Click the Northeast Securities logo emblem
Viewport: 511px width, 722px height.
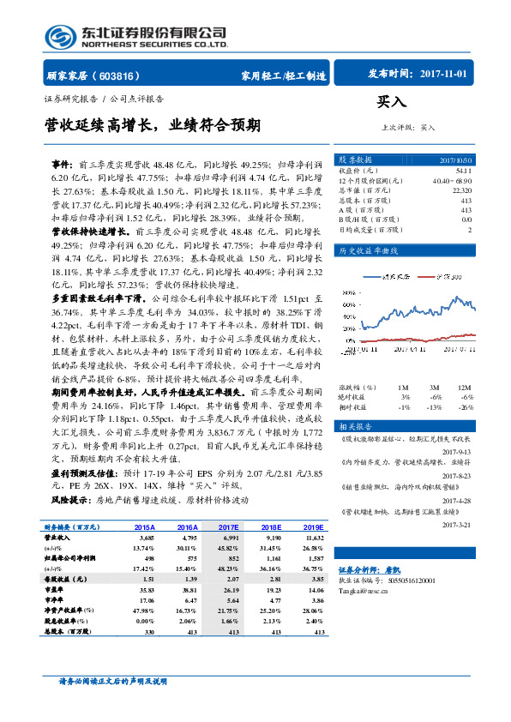tap(59, 35)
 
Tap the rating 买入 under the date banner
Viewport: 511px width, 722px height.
tap(391, 102)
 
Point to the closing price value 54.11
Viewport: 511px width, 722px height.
tap(464, 171)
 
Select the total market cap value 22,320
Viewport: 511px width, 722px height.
tap(461, 190)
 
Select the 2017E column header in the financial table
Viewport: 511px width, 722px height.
tap(227, 527)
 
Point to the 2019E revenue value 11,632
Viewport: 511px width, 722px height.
tap(315, 538)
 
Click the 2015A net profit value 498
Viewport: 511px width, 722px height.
tap(147, 557)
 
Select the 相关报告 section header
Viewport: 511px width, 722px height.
tap(355, 402)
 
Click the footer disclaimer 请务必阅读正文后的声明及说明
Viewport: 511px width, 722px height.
tap(111, 682)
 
